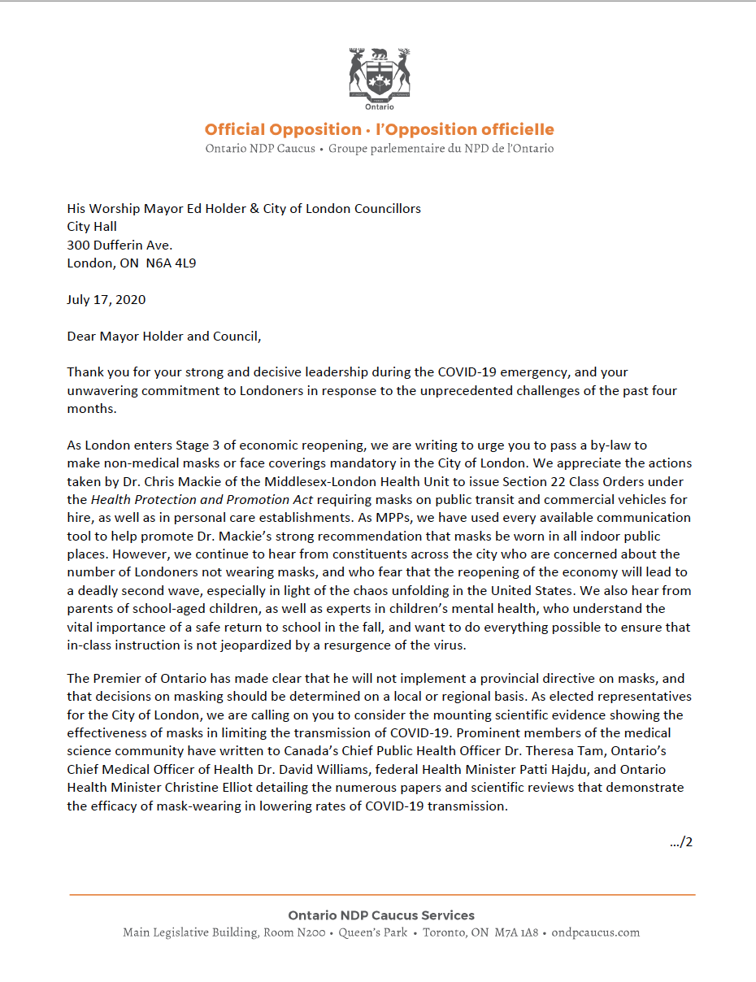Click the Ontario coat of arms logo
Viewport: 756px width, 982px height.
(x=379, y=79)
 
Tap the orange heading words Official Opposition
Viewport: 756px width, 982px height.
(x=283, y=129)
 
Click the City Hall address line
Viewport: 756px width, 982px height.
(x=92, y=227)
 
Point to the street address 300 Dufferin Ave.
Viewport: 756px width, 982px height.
(x=119, y=245)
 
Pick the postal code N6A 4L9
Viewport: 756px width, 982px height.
(x=170, y=263)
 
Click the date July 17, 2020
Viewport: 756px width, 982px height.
(x=106, y=299)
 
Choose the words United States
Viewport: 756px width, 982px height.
(x=517, y=590)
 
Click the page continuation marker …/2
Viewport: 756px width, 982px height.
(x=681, y=841)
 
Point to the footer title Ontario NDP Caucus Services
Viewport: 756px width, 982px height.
(x=381, y=915)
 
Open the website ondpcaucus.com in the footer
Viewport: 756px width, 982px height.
(x=596, y=932)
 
